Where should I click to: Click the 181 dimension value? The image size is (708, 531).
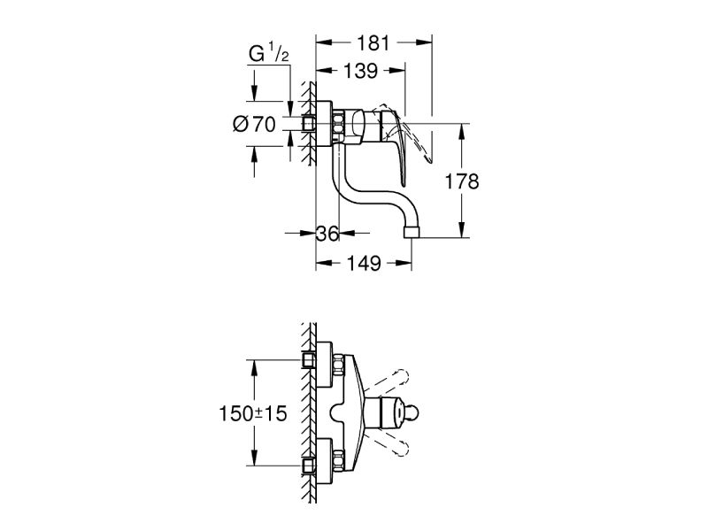[373, 42]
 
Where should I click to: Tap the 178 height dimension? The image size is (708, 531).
[462, 181]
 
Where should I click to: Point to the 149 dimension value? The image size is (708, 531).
[364, 263]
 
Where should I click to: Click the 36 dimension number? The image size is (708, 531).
[328, 234]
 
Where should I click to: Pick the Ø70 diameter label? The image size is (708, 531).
[254, 125]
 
